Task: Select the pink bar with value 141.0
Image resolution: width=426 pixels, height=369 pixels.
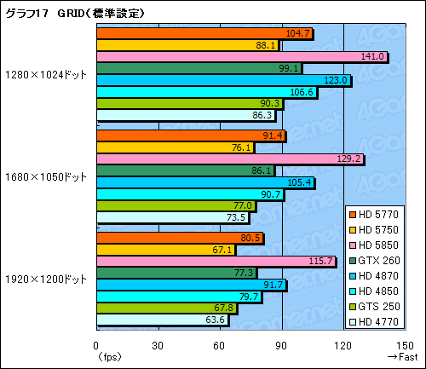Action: click(x=242, y=57)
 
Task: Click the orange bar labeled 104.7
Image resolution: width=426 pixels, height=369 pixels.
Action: click(x=204, y=34)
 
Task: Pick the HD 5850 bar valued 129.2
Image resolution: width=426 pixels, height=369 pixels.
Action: click(x=230, y=159)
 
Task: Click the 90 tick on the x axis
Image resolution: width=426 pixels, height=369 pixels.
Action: click(x=281, y=346)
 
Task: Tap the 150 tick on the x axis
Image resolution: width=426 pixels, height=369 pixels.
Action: click(x=405, y=346)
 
